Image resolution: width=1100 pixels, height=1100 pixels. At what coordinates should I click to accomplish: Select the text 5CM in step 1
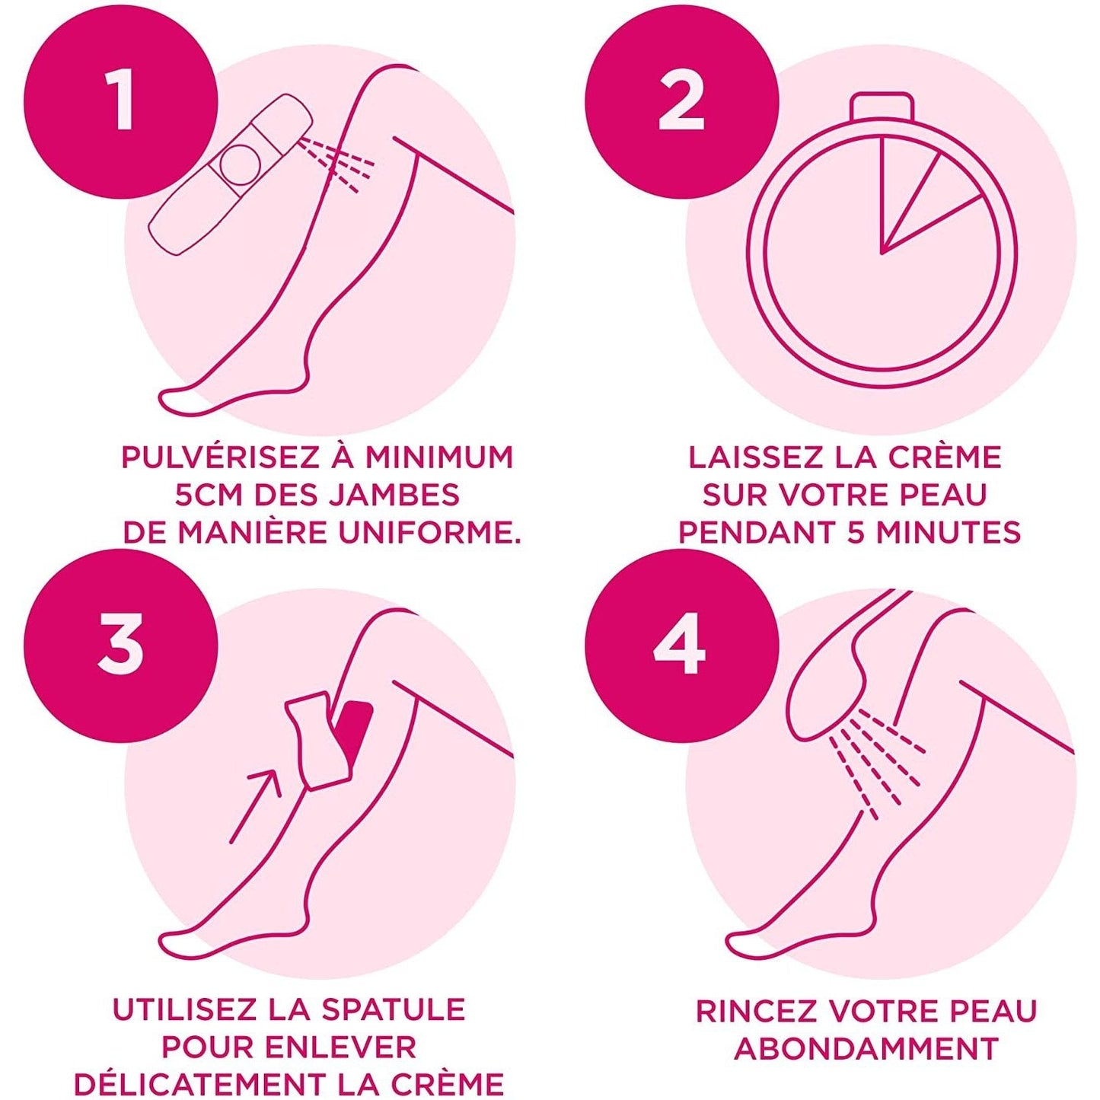pos(209,495)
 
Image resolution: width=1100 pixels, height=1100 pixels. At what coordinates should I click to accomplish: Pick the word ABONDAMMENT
pos(866,1048)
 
